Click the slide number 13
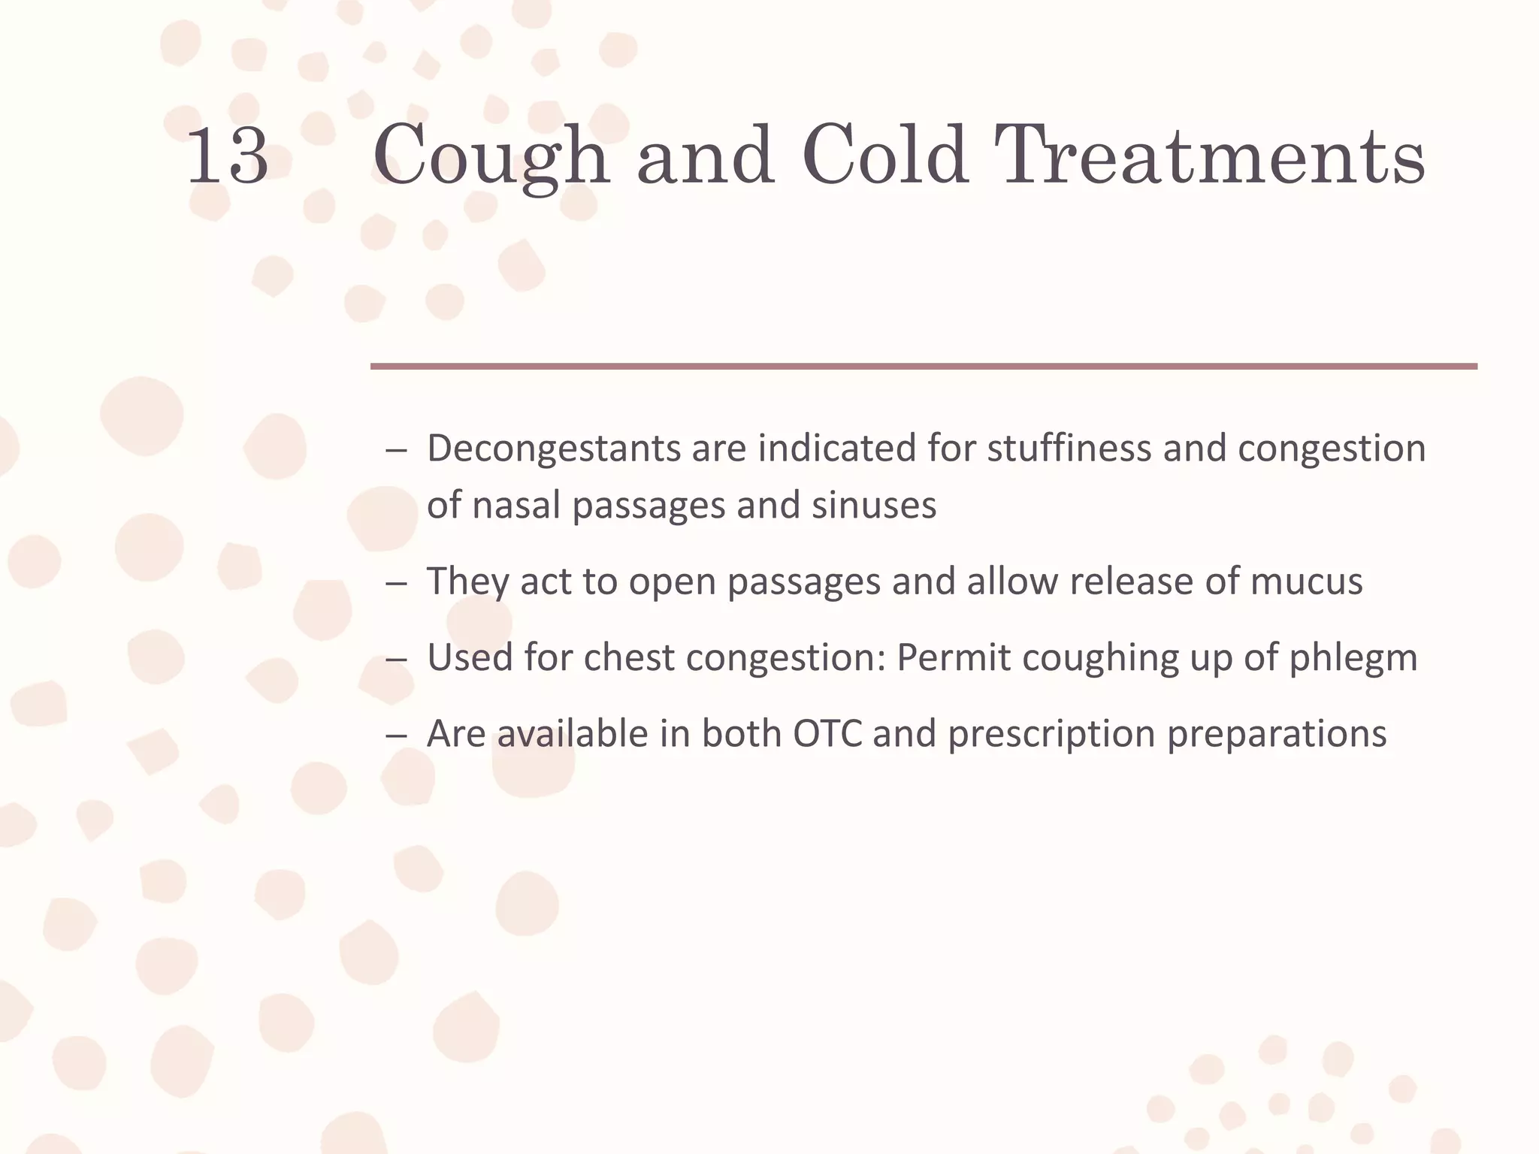click(x=227, y=156)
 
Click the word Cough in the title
click(x=490, y=156)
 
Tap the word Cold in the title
click(x=884, y=156)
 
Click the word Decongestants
click(x=554, y=449)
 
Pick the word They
click(x=467, y=582)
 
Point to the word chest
click(x=629, y=657)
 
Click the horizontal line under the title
click(x=924, y=367)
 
